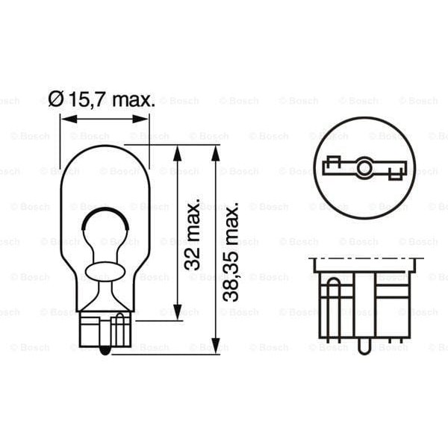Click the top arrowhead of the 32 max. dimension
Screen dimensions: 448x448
[x=177, y=151]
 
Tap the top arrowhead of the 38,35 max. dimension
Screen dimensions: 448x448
[x=215, y=151]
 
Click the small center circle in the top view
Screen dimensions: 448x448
[x=363, y=168]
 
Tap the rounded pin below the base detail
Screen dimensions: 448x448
[x=363, y=346]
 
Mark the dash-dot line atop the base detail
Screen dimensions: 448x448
[x=366, y=258]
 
